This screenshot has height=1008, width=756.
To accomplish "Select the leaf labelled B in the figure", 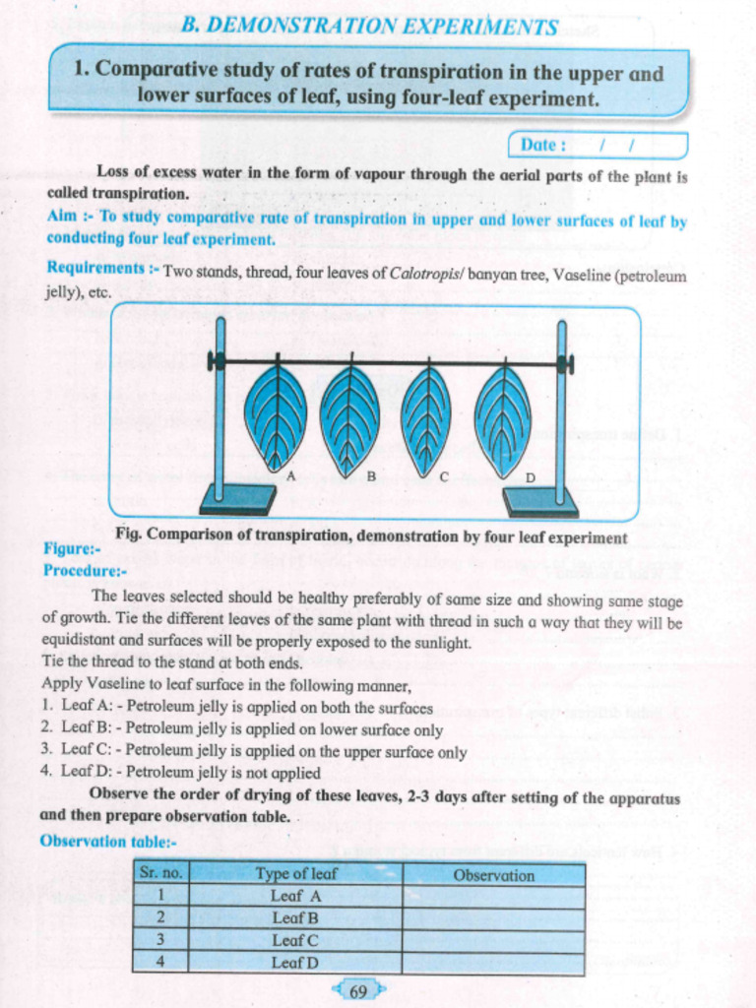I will pos(349,419).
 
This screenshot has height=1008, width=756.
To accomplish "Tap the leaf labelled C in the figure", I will pos(426,420).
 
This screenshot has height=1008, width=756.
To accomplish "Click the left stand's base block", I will pos(237,500).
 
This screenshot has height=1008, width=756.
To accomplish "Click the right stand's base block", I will pos(539,502).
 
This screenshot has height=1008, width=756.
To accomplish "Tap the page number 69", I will pos(358,991).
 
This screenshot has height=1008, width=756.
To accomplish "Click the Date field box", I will pos(598,146).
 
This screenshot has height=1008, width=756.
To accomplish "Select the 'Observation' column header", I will pos(493,875).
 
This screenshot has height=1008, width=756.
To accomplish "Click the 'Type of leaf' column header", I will pos(295,874).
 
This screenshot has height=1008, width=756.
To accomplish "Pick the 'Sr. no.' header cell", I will pos(160,873).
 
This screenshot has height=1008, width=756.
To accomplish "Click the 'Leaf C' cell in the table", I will pos(295,940).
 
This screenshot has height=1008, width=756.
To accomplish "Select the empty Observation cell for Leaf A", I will pos(493,897).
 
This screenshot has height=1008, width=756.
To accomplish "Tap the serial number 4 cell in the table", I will pos(160,962).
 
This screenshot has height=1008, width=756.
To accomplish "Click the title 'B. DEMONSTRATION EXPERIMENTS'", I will pos(369,26).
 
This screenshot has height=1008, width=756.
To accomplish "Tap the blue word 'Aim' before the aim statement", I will pos(61,216).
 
